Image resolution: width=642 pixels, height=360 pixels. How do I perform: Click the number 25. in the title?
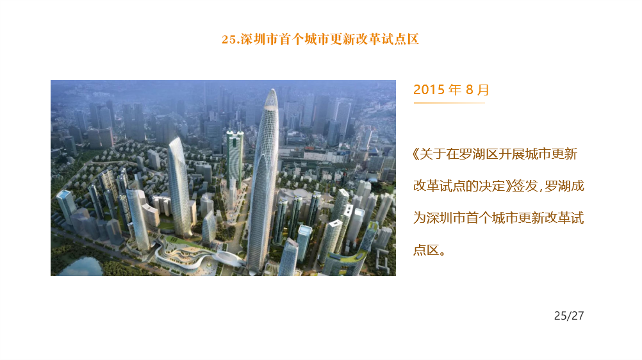pos(231,39)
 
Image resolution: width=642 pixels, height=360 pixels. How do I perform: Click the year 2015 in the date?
pos(429,89)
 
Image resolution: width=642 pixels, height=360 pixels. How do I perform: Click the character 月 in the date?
pos(483,90)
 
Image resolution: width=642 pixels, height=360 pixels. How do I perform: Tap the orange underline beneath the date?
pos(449,102)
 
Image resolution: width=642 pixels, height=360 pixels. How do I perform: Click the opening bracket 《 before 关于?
pos(416,154)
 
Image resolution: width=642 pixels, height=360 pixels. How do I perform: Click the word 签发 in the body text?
pos(525,186)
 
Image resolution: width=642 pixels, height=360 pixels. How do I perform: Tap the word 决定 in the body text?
pos(491,186)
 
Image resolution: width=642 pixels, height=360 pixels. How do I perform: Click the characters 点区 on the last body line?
pos(426,250)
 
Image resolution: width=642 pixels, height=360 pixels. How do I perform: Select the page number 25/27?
pos(569,316)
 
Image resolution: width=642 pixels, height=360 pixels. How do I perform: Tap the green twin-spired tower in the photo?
pos(235,158)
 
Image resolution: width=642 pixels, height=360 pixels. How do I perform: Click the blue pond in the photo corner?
pos(81,266)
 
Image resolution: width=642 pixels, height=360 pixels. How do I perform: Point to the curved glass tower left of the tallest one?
pos(180,186)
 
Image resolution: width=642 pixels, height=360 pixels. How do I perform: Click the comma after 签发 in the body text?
pos(541,190)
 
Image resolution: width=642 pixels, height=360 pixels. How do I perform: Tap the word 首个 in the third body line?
pos(479,218)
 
